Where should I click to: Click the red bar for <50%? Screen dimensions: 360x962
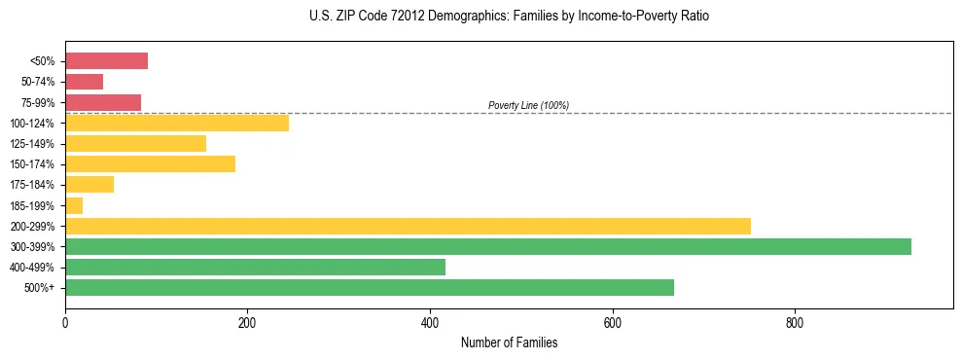(106, 61)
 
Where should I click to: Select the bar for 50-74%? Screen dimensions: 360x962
(84, 82)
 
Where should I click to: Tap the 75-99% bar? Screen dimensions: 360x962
(103, 102)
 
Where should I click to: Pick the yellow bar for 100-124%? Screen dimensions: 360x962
(177, 123)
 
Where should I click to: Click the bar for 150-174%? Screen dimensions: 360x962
(150, 163)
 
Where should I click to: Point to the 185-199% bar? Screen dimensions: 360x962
(74, 205)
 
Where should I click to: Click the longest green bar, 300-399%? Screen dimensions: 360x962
(487, 246)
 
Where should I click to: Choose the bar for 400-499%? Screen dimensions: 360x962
(255, 267)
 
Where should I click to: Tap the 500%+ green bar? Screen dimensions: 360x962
(369, 287)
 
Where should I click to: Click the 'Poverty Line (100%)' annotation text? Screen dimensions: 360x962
(528, 105)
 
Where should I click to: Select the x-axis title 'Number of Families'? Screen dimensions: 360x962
(509, 342)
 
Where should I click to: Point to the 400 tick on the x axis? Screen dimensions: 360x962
(430, 322)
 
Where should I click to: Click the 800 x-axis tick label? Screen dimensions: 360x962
(795, 322)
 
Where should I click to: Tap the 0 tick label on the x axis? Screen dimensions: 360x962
(65, 322)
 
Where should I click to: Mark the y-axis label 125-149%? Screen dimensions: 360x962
(32, 144)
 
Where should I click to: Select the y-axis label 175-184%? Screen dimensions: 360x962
(32, 185)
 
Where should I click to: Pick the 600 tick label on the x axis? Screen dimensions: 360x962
(613, 322)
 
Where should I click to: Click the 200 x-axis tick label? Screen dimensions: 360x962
(247, 322)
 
